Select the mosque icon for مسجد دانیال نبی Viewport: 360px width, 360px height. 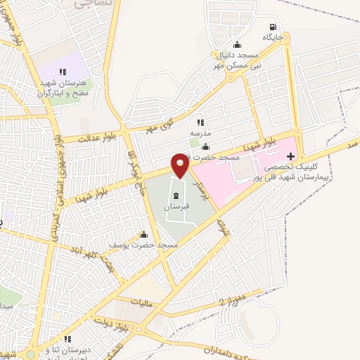point(237,44)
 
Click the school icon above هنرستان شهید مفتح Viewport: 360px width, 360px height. point(63,71)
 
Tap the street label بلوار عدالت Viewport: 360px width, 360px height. point(86,135)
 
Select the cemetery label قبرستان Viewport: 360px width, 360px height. point(176,208)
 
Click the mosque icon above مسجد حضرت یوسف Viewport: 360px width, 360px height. point(144,234)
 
